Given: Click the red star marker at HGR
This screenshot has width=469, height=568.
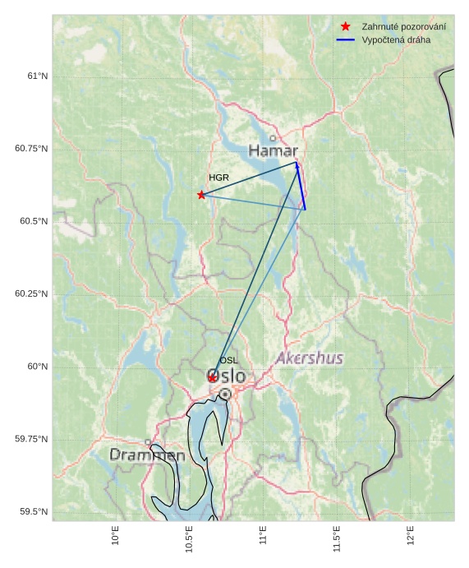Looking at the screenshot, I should pos(201,195).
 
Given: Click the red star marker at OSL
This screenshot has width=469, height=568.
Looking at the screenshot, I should pos(212,377).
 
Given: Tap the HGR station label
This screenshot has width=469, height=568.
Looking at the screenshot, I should pos(218,178).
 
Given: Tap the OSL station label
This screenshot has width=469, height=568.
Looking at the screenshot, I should pos(228,361).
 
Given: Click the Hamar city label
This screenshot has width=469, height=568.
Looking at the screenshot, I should pos(273,151).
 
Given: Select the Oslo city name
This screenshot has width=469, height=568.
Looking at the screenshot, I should pos(227,376).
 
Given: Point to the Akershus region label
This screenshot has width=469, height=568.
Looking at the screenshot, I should pos(309,358).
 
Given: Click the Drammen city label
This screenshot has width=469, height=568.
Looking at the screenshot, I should pos(147,455).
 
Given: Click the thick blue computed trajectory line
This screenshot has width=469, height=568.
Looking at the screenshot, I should pos(301,187).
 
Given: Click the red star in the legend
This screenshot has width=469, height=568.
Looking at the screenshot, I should pos(345,26).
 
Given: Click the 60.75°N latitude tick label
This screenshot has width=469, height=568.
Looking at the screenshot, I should pos(31,149).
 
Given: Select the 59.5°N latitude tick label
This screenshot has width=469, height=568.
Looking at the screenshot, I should pos(34,512).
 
